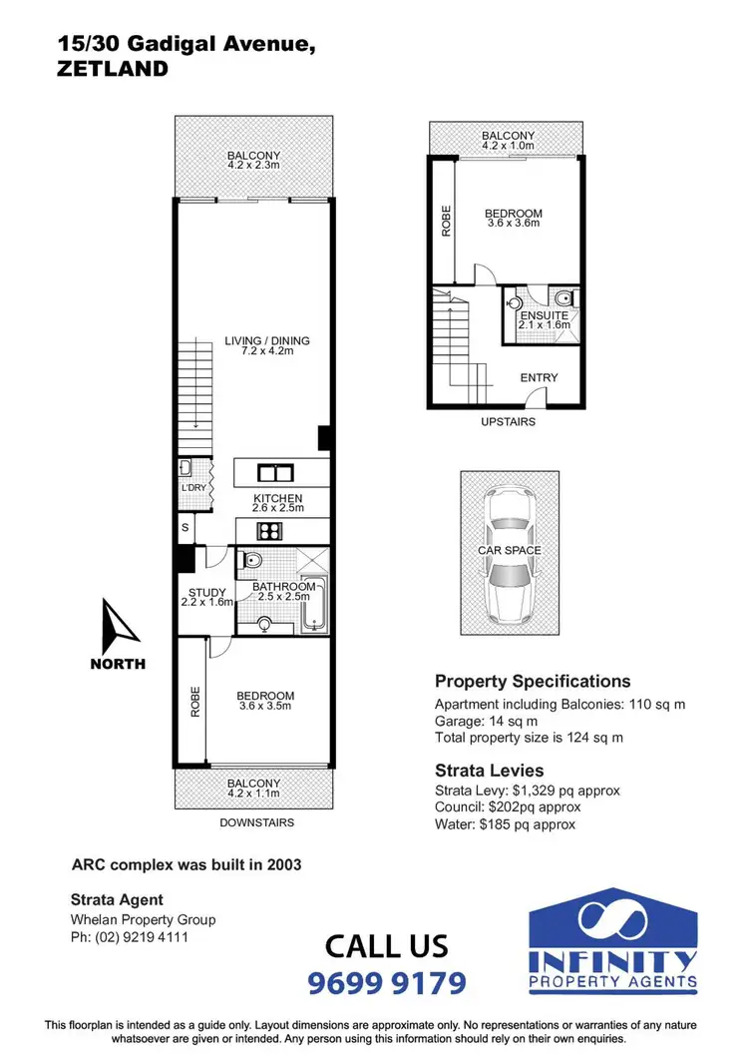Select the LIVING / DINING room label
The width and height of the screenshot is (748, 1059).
click(x=266, y=341)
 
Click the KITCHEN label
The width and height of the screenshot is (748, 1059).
click(x=277, y=499)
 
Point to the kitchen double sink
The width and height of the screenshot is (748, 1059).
click(x=272, y=472)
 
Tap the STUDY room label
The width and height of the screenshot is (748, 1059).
click(x=206, y=591)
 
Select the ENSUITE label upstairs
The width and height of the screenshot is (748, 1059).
click(x=545, y=315)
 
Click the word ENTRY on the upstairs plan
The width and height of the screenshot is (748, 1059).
click(x=539, y=378)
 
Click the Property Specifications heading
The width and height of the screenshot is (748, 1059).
click(x=533, y=682)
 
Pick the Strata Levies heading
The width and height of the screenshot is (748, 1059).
click(x=490, y=770)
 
